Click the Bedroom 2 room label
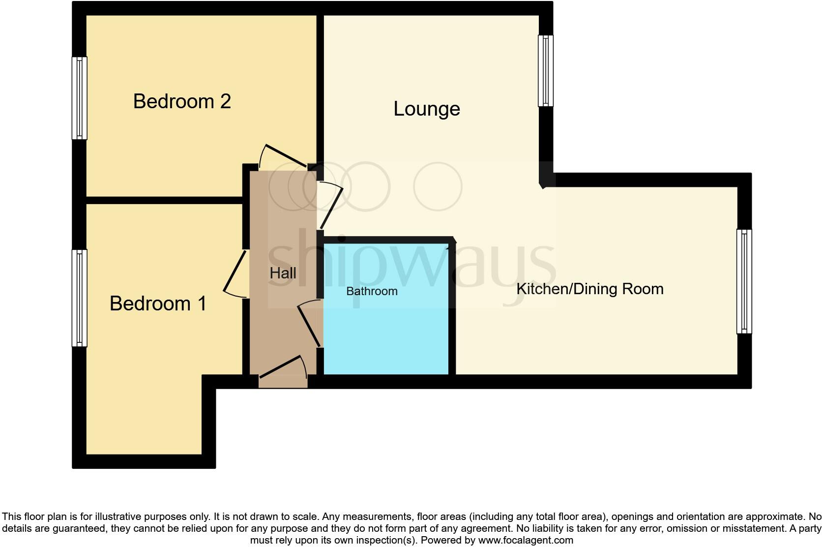(182, 101)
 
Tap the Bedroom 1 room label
(158, 304)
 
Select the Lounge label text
(427, 109)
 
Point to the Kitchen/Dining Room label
(589, 289)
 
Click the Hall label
(283, 273)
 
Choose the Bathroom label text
(372, 291)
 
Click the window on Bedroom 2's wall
(80, 98)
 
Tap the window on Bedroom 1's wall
(80, 298)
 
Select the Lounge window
(546, 70)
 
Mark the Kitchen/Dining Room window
(744, 281)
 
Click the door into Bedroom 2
(285, 156)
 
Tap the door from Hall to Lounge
(332, 207)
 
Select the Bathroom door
(310, 325)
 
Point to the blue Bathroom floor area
(386, 334)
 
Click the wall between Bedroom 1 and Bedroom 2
(165, 200)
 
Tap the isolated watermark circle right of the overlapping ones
(438, 186)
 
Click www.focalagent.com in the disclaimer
(525, 540)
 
